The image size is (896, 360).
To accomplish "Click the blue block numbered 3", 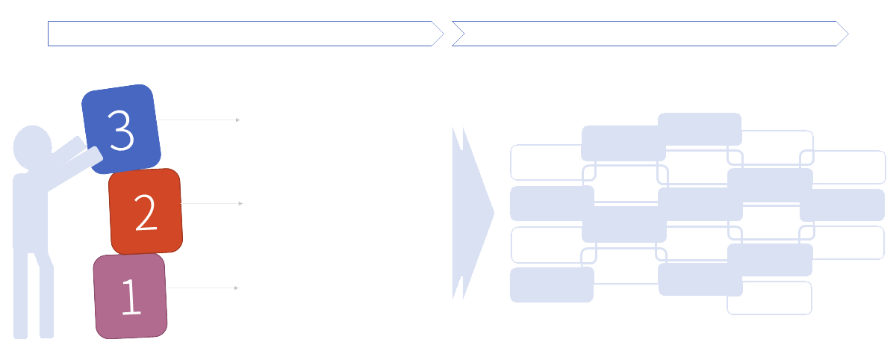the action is pyautogui.click(x=121, y=129).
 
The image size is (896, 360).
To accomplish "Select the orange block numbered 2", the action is pyautogui.click(x=146, y=211).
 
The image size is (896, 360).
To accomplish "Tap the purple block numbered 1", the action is pyautogui.click(x=131, y=297).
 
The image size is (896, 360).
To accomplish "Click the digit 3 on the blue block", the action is pyautogui.click(x=121, y=131).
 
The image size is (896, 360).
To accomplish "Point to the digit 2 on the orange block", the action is pyautogui.click(x=146, y=212).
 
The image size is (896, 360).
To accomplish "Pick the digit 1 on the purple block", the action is pyautogui.click(x=131, y=297).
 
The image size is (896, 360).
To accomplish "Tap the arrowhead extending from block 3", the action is pyautogui.click(x=237, y=120).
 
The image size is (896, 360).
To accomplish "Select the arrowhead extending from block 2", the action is pyautogui.click(x=240, y=204).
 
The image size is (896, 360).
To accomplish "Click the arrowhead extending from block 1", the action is pyautogui.click(x=237, y=288).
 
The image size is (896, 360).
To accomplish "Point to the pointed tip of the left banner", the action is pyautogui.click(x=444, y=34).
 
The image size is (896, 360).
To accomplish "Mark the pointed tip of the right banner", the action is pyautogui.click(x=848, y=34).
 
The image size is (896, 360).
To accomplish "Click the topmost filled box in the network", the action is pyautogui.click(x=700, y=129).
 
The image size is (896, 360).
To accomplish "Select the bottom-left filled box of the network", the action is pyautogui.click(x=552, y=285).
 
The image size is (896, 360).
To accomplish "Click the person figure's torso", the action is pyautogui.click(x=31, y=212).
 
